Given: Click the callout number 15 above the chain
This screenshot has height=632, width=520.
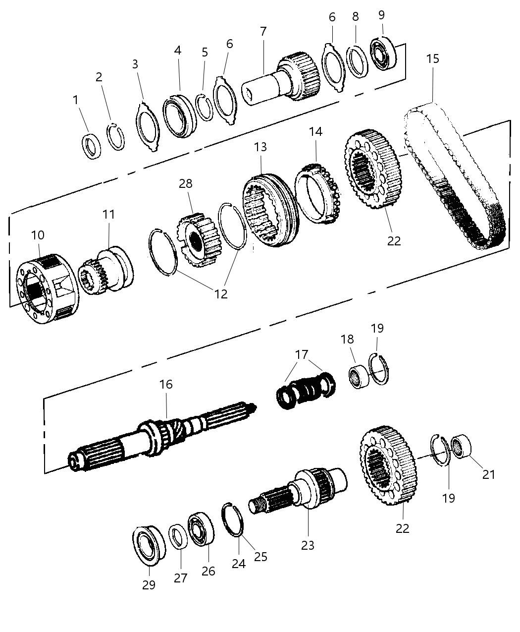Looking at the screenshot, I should pyautogui.click(x=432, y=58).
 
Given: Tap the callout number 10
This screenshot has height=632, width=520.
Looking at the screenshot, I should pyautogui.click(x=38, y=235).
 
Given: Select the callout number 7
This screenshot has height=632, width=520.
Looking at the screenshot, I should pyautogui.click(x=263, y=31).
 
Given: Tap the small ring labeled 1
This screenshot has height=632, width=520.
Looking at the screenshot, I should pyautogui.click(x=92, y=146).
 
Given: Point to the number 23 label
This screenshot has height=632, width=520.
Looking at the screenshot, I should pyautogui.click(x=308, y=545).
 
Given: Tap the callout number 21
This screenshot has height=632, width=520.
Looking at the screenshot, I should pyautogui.click(x=488, y=474).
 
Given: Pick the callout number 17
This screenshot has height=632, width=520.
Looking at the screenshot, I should pyautogui.click(x=302, y=354).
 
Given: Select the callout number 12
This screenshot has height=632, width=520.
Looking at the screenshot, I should pyautogui.click(x=220, y=293).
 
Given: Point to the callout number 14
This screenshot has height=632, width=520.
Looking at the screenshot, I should pyautogui.click(x=315, y=131).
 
